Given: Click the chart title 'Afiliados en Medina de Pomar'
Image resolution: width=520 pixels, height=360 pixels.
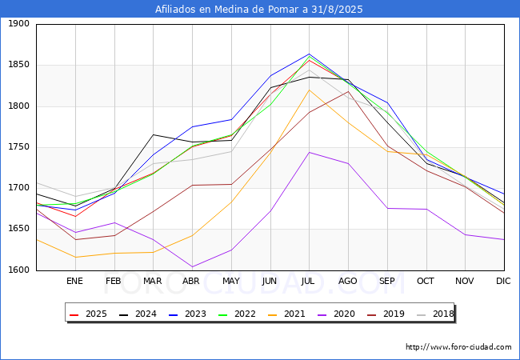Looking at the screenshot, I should click(x=259, y=10).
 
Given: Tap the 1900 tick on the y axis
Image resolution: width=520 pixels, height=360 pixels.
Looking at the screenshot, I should click(x=18, y=24).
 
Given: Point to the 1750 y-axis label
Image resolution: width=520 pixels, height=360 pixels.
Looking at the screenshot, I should click(x=18, y=147).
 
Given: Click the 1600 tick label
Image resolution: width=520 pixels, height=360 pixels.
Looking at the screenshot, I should click(x=18, y=270).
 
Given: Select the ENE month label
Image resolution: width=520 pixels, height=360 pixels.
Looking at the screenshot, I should click(x=74, y=282).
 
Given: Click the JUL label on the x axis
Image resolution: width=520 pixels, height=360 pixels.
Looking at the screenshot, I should click(x=309, y=282).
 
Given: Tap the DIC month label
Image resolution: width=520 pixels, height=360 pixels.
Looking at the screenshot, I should click(x=503, y=282).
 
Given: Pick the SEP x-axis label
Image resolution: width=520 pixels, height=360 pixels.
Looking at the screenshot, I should click(x=387, y=282).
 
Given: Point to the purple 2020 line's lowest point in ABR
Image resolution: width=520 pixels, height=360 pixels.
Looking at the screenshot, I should click(x=192, y=266).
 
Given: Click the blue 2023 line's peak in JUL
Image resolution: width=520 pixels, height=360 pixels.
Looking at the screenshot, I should click(x=309, y=54).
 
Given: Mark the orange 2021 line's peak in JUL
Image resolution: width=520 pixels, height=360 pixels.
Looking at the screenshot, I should click(x=309, y=90).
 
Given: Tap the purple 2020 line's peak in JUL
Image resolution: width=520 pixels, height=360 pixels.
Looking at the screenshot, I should click(x=309, y=152).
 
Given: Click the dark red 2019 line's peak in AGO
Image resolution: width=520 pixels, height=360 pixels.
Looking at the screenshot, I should click(x=348, y=91).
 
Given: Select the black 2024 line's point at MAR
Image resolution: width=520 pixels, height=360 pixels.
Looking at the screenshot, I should click(x=153, y=134).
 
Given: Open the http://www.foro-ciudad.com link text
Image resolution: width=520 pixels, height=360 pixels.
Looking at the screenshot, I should click(x=458, y=347).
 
